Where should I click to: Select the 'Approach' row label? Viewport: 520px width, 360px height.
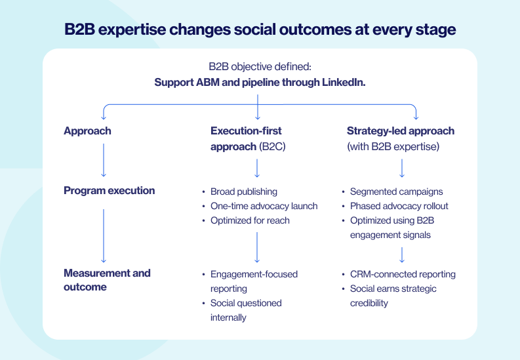pyautogui.click(x=87, y=131)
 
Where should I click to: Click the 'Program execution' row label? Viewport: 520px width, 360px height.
pyautogui.click(x=109, y=191)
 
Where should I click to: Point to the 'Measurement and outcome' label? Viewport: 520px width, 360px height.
pyautogui.click(x=107, y=280)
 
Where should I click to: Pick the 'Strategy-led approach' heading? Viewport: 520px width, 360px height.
pyautogui.click(x=400, y=131)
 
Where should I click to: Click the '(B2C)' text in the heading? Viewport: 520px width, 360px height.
pyautogui.click(x=272, y=146)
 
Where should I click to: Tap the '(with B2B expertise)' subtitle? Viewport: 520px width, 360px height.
pyautogui.click(x=393, y=146)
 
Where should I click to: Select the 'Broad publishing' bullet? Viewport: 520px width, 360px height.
pyautogui.click(x=243, y=191)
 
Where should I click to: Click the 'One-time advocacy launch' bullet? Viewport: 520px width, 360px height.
pyautogui.click(x=264, y=206)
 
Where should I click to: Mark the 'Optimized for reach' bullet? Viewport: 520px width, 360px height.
pyautogui.click(x=250, y=220)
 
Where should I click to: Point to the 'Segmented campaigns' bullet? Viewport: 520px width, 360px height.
pyautogui.click(x=396, y=191)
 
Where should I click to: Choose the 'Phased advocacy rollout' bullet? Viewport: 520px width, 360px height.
pyautogui.click(x=399, y=206)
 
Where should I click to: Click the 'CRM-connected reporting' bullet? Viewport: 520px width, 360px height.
pyautogui.click(x=403, y=274)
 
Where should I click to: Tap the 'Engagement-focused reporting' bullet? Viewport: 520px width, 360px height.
pyautogui.click(x=254, y=281)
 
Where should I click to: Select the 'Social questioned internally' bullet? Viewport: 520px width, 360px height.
pyautogui.click(x=246, y=310)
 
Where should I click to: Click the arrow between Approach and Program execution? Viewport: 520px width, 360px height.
pyautogui.click(x=103, y=161)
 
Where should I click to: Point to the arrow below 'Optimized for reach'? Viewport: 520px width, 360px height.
pyautogui.click(x=257, y=247)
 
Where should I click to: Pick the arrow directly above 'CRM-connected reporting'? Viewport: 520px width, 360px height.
pyautogui.click(x=402, y=254)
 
